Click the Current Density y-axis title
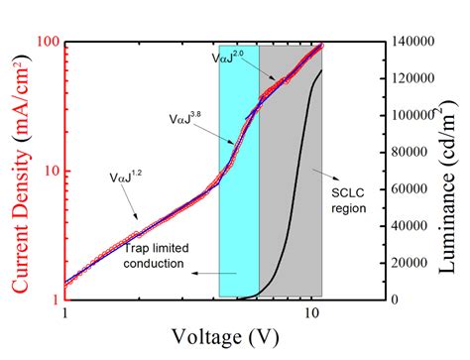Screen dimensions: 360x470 [x=16, y=170]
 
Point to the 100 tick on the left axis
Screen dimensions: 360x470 [x=46, y=44]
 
